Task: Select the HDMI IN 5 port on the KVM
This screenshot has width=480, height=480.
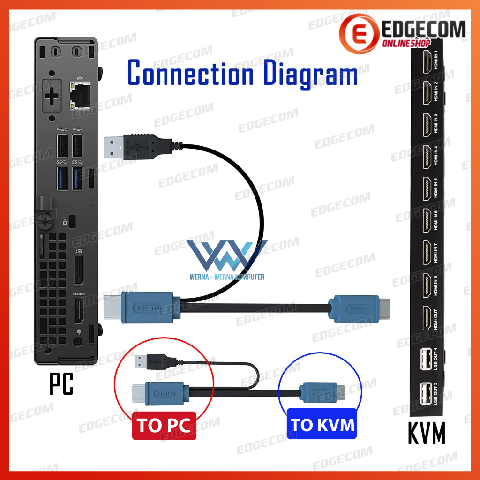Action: tap(428, 187)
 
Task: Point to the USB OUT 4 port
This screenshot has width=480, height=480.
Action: tap(426, 360)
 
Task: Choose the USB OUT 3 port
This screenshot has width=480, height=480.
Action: tap(426, 393)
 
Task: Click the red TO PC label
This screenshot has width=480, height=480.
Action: tap(164, 426)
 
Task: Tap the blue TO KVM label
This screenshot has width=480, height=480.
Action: tap(322, 425)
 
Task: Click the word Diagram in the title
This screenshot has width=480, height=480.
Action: tap(308, 74)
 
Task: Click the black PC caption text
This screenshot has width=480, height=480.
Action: tap(61, 383)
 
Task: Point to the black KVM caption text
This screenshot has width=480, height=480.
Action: tap(426, 433)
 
